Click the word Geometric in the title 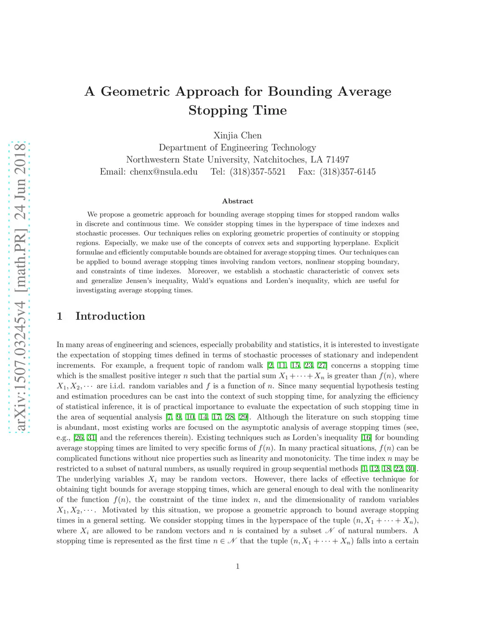[x=135, y=91]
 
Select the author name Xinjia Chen [x=237, y=136]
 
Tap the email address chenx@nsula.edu [x=163, y=171]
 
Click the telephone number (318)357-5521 [x=257, y=171]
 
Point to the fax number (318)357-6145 [x=347, y=171]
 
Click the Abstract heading [x=237, y=201]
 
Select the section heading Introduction [x=110, y=316]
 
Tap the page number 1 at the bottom [x=238, y=566]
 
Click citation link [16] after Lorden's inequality [x=366, y=438]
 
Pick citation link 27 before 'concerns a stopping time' [x=322, y=365]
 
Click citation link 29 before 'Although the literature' [x=243, y=417]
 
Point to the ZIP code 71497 [x=338, y=159]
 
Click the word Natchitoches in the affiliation [x=277, y=159]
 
